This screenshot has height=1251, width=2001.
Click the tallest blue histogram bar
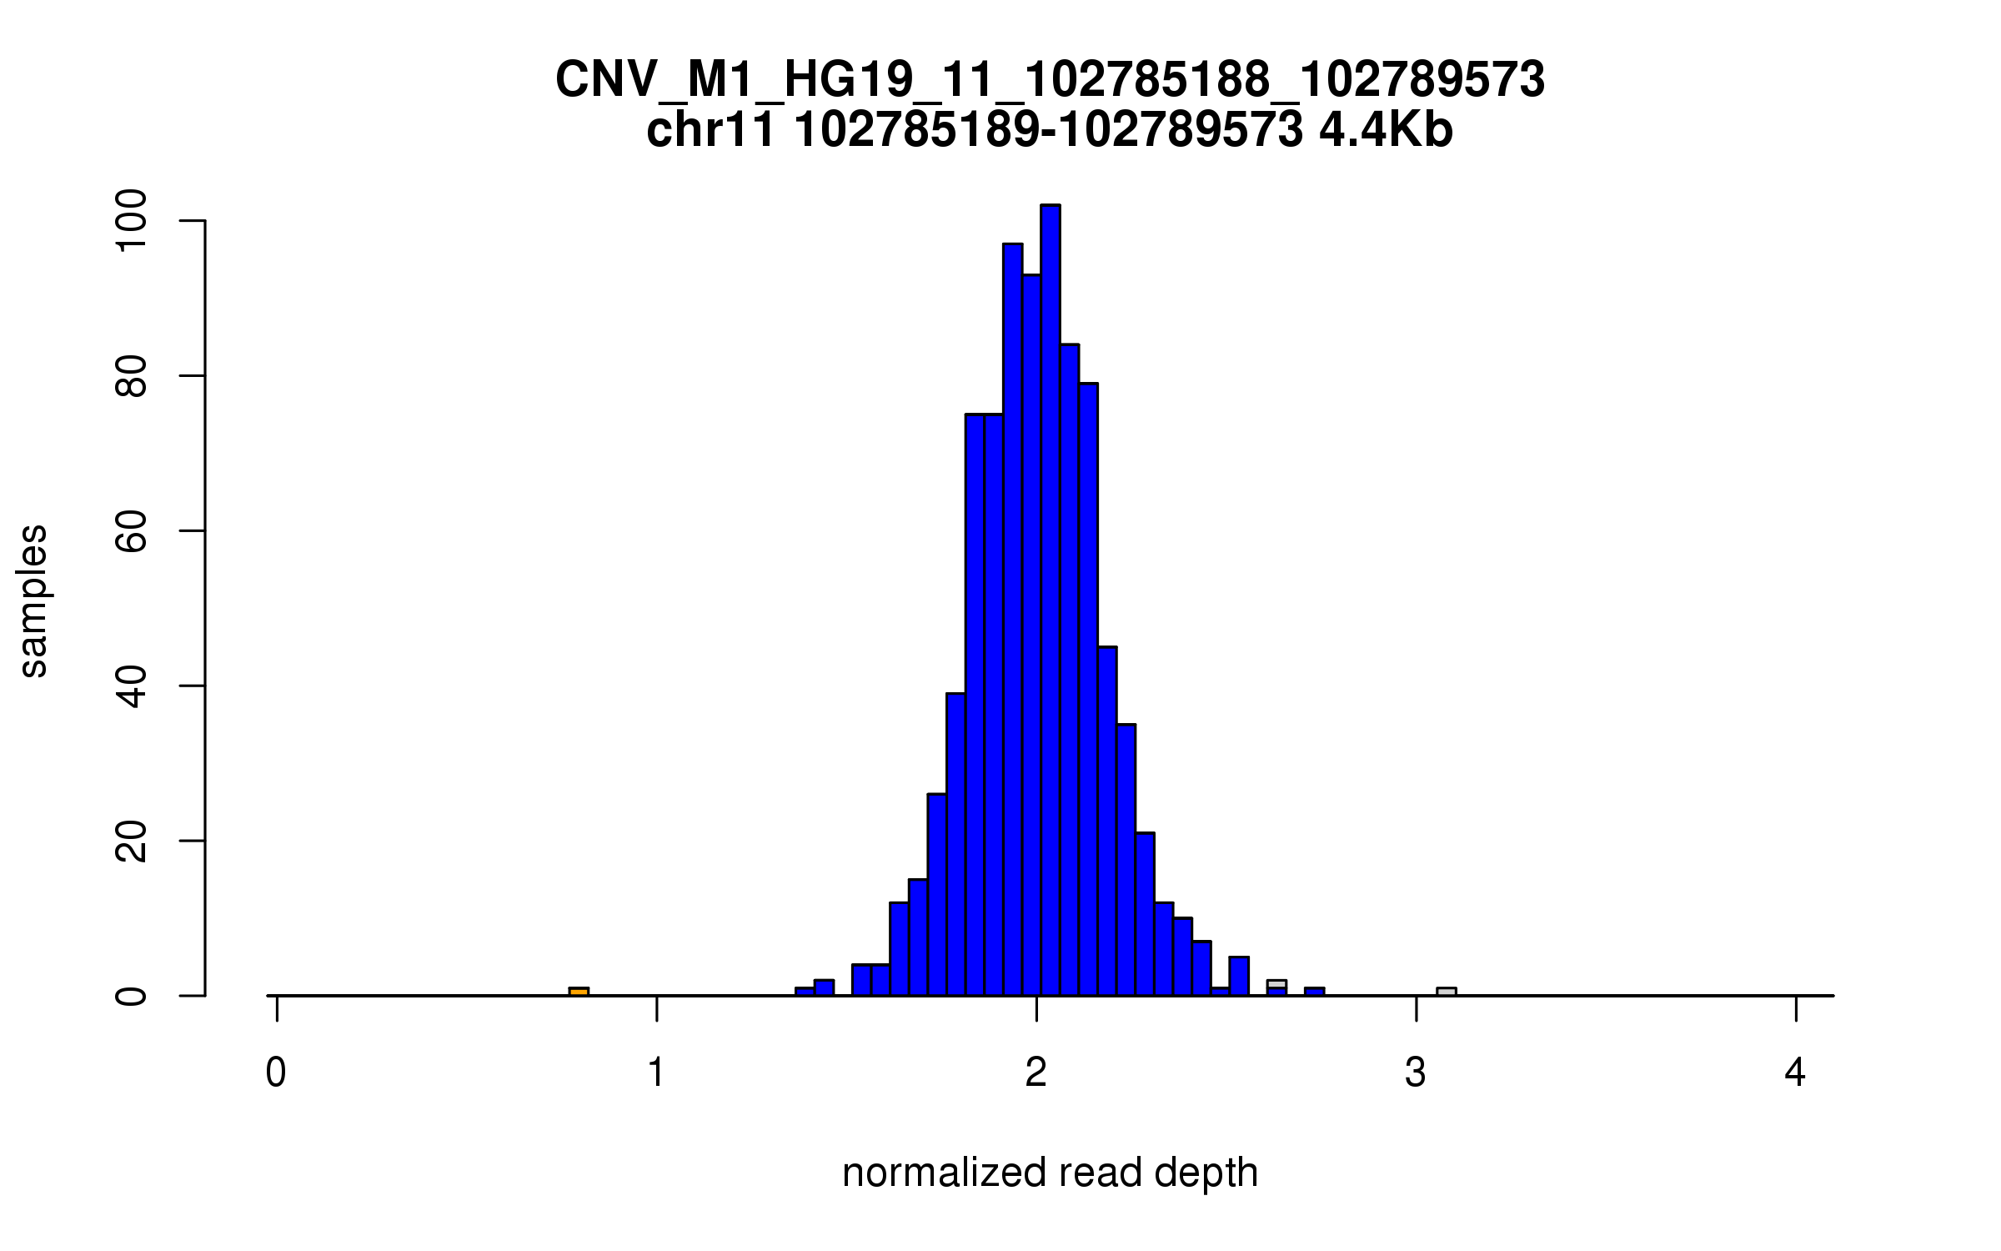pos(1051,600)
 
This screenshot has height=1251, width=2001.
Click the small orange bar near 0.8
pos(579,992)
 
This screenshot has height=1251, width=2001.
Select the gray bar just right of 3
pos(1447,992)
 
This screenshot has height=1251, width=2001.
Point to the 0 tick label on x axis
pos(276,1073)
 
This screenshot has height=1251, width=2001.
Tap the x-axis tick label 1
pos(657,1073)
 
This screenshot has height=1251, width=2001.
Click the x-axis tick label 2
pos(1036,1073)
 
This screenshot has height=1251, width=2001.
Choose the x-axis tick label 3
pos(1416,1073)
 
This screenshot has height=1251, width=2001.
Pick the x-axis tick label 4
pos(1795,1073)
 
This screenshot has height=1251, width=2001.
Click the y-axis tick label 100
pos(131,221)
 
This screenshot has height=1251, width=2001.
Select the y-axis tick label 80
pos(131,376)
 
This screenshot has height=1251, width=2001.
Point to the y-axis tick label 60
pos(131,531)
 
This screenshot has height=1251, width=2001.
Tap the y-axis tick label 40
pos(131,686)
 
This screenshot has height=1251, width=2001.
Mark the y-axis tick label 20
pos(131,841)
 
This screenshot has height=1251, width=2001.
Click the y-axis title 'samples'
pos(33,600)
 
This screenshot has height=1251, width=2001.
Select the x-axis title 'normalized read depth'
pos(1050,1173)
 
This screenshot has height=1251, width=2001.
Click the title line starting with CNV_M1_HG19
pos(1050,81)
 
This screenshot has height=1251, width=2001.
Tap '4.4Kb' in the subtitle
pos(1386,131)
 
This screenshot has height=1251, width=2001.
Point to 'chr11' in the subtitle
pos(711,131)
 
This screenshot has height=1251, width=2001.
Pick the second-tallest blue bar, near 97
pos(1012,617)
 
